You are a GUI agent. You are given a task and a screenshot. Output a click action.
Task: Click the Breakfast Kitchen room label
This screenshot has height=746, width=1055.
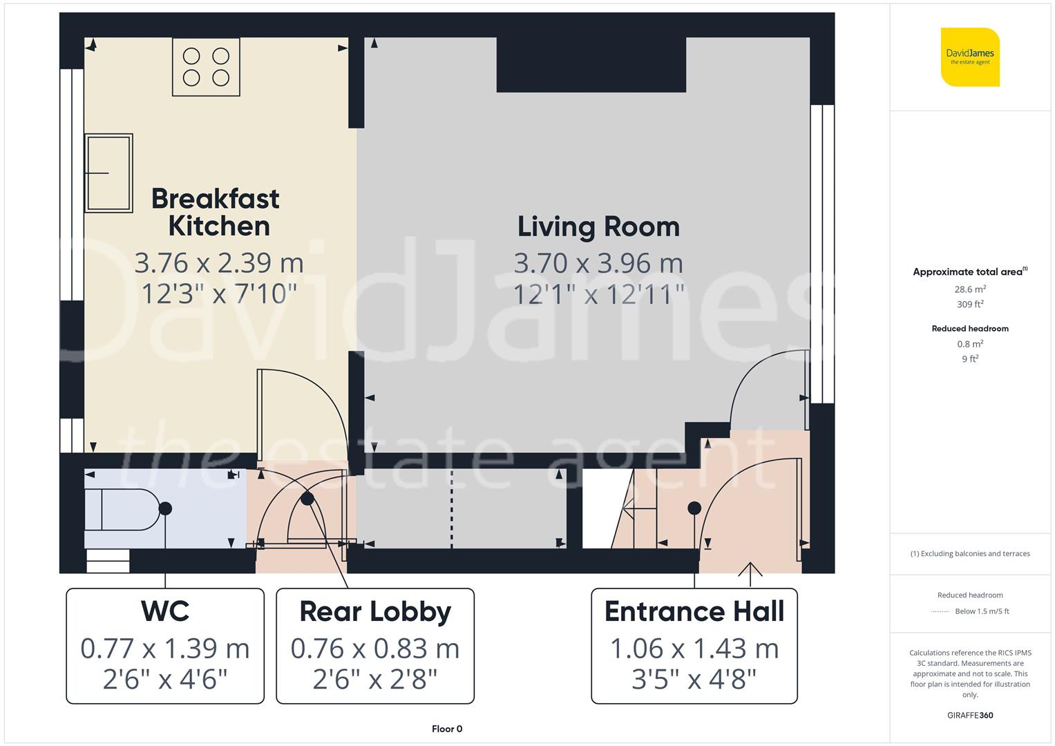pos(216,212)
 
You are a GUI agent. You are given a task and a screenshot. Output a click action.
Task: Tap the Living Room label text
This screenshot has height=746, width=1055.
pos(598,227)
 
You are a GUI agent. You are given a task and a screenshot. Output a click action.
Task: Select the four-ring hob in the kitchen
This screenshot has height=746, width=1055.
pos(206,66)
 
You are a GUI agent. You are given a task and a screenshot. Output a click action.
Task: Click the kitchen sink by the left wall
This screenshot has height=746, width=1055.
pos(108,173)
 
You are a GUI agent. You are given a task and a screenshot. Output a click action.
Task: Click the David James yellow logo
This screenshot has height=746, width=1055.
pos(970,57)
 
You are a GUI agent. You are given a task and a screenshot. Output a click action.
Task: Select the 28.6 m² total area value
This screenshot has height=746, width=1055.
pos(970,289)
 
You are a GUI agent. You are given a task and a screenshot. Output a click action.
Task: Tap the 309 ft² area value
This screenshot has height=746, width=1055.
pos(970,304)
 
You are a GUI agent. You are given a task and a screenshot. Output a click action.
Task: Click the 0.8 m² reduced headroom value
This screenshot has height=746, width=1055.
pos(970,344)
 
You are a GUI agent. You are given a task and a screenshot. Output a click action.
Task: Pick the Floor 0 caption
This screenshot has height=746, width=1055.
pos(447,729)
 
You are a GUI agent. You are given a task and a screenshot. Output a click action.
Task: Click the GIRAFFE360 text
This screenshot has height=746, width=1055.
pos(970,715)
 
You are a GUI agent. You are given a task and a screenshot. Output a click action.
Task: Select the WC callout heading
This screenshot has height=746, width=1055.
pos(165,611)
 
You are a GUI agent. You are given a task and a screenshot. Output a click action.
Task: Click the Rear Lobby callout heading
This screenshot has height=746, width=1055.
pos(375,611)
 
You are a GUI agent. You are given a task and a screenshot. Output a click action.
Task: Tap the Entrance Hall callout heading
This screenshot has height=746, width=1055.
pos(694,611)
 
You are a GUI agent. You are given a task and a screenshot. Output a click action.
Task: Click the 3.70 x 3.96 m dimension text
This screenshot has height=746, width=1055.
pos(598,263)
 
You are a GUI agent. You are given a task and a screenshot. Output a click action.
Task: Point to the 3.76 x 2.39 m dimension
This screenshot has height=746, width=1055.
pos(219,263)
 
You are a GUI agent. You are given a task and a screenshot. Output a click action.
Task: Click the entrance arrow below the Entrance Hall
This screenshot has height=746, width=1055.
pos(750,570)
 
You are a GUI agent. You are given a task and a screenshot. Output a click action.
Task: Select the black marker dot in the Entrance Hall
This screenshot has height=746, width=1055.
pos(694,508)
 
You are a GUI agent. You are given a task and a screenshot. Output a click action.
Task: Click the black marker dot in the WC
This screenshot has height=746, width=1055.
pos(165,508)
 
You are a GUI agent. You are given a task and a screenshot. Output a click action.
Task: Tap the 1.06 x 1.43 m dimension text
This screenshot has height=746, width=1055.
pos(694,649)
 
